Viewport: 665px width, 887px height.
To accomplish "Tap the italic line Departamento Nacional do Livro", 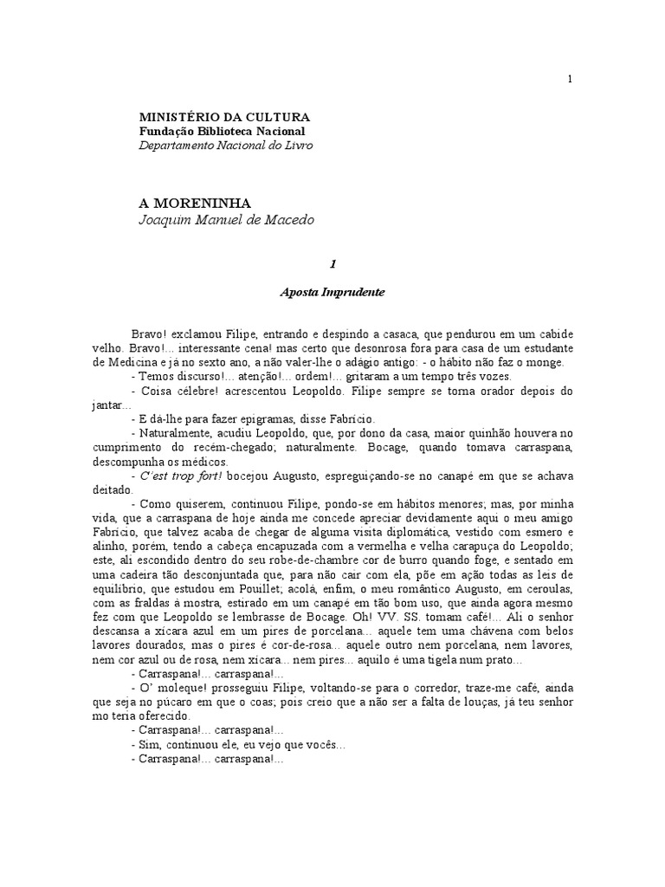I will click(226, 146).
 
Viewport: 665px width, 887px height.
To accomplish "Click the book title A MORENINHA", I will click(195, 203).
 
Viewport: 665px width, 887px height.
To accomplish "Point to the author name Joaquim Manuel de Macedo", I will click(226, 220).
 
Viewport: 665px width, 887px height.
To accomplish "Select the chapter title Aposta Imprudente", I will click(332, 292).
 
